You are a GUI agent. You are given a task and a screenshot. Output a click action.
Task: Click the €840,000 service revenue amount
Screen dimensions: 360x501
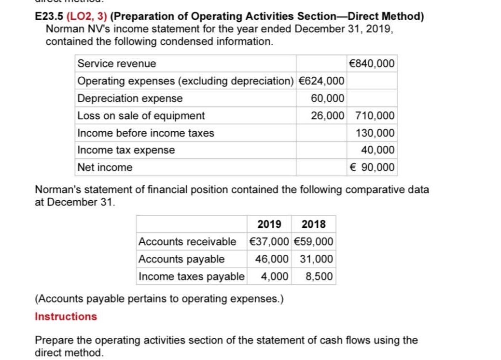371,63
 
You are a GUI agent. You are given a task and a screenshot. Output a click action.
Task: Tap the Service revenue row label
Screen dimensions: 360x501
117,63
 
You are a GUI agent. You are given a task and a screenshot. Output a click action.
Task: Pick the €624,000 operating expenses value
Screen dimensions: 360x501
321,81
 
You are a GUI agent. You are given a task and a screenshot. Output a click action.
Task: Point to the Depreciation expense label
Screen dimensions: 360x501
130,98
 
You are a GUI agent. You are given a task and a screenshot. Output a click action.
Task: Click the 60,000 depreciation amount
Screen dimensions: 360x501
328,98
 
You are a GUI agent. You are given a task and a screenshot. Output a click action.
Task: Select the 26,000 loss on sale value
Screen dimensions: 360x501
328,116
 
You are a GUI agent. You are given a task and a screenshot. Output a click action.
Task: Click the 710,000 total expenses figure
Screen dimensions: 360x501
375,116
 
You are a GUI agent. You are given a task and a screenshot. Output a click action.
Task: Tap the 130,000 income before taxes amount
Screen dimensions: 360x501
375,133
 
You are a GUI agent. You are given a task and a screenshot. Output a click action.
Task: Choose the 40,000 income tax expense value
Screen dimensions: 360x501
377,150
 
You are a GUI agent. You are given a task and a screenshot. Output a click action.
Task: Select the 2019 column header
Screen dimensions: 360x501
269,224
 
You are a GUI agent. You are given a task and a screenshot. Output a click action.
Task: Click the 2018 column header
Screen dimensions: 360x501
313,224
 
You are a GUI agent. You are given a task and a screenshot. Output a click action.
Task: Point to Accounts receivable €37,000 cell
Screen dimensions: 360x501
269,241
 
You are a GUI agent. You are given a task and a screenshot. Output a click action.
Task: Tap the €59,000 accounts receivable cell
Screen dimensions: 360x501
313,241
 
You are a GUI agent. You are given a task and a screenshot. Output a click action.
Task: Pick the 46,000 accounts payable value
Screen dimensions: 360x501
272,259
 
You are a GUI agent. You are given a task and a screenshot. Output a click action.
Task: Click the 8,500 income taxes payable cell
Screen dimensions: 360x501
319,277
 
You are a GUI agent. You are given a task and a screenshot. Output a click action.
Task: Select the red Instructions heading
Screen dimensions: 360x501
66,317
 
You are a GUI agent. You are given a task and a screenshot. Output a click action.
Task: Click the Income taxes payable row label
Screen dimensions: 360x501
192,277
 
